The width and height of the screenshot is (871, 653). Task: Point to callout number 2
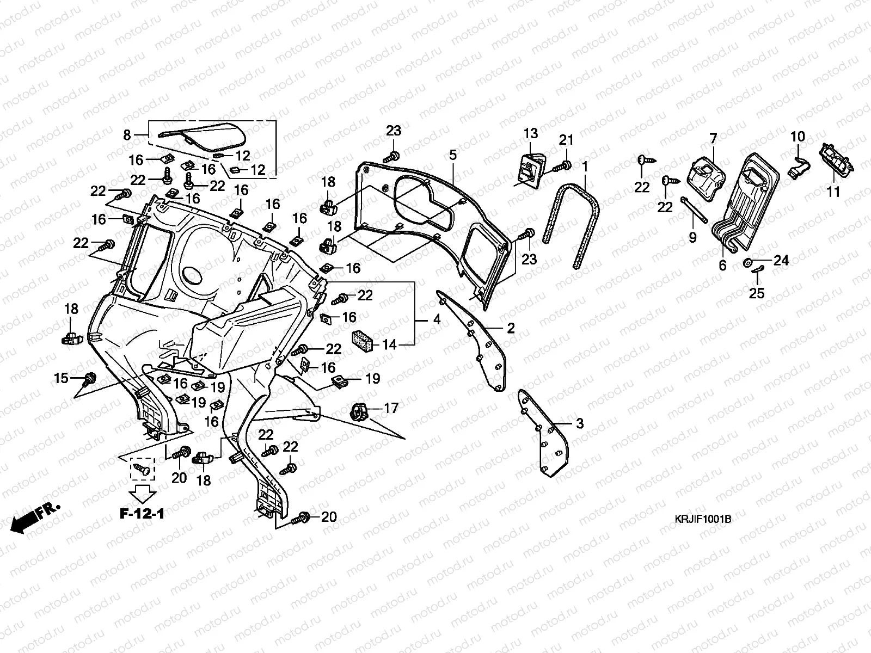coord(511,328)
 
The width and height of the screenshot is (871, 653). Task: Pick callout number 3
coord(580,423)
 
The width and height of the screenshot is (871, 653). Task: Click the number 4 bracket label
coord(437,320)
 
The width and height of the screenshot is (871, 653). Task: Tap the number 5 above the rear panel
coord(452,155)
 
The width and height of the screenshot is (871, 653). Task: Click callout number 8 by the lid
coord(127,134)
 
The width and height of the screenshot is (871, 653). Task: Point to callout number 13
coord(531,133)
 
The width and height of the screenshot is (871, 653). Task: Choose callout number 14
coord(389,344)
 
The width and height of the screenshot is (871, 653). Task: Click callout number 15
coord(62,378)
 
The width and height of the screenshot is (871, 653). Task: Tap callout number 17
coord(391,408)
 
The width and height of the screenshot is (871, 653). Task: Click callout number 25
coord(757,293)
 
